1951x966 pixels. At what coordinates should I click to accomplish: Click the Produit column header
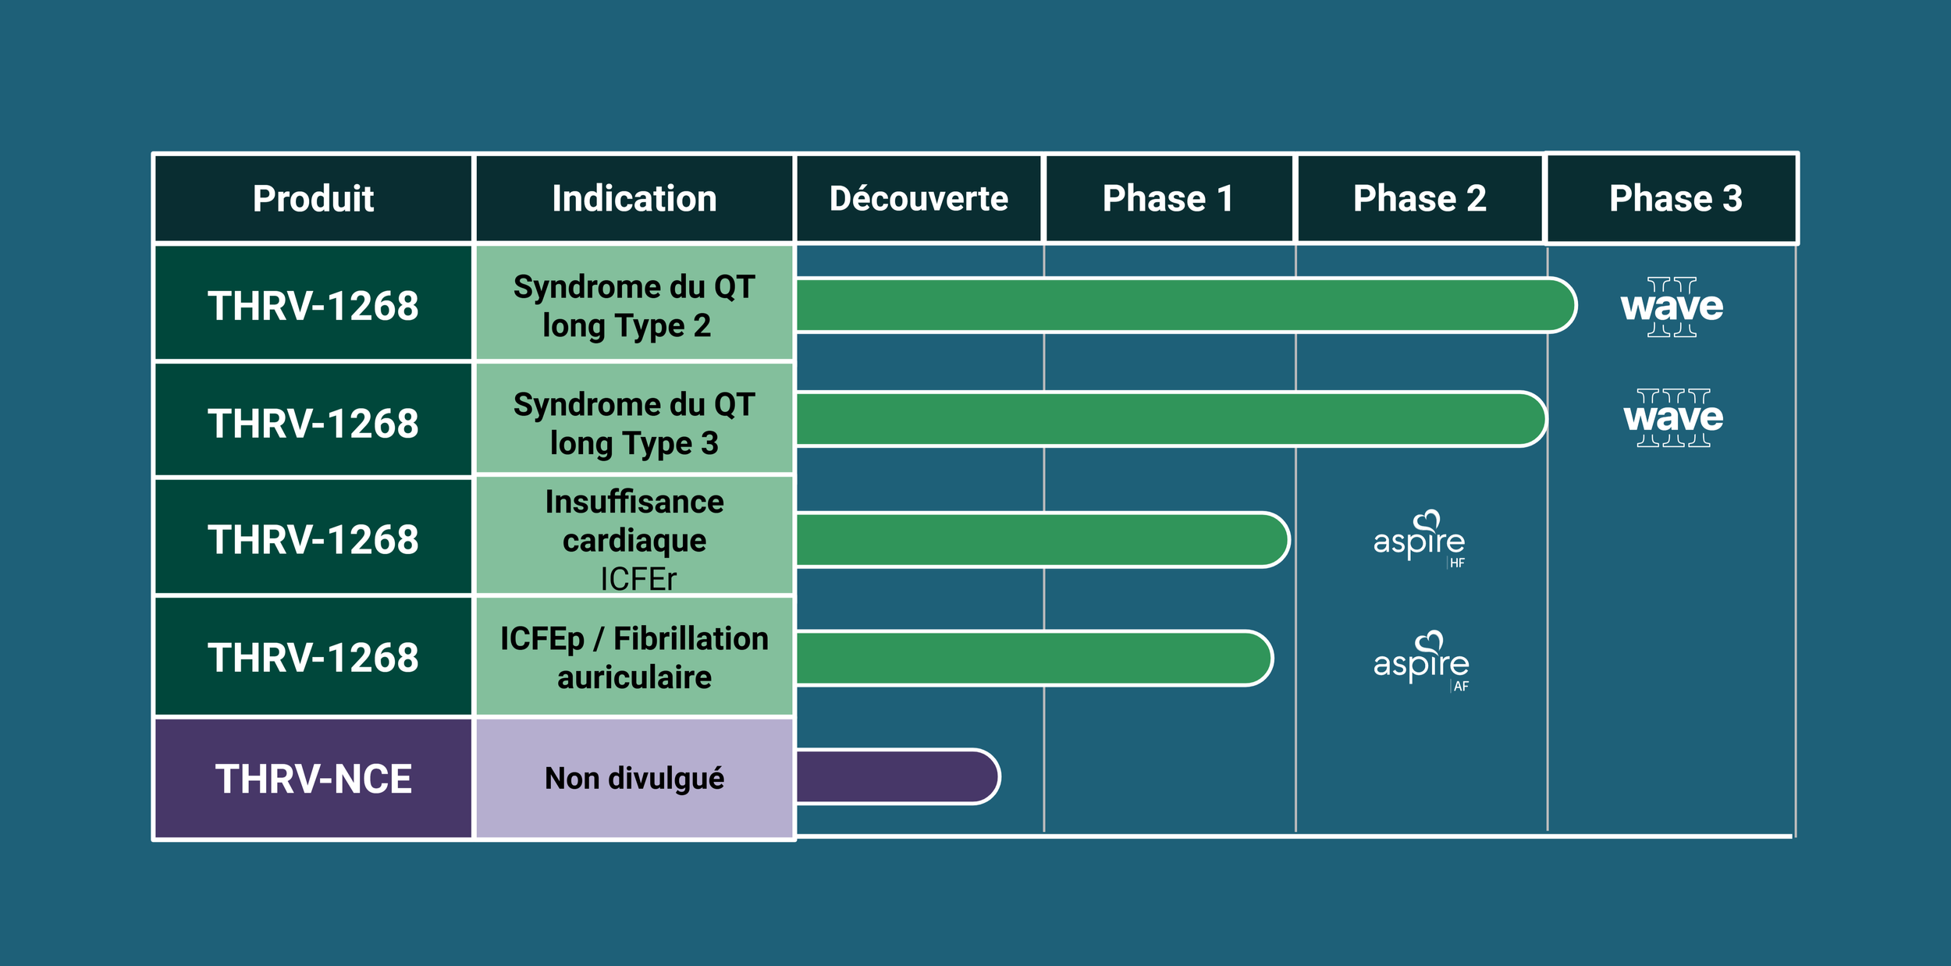(313, 198)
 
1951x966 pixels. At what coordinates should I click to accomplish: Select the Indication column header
(634, 198)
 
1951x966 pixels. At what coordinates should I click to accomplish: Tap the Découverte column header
(919, 198)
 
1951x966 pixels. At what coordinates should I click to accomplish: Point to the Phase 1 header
(1168, 198)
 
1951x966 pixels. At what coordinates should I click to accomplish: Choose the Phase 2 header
(1420, 198)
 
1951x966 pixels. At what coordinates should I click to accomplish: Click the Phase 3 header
(1676, 198)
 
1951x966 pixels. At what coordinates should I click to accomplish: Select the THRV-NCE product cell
(313, 778)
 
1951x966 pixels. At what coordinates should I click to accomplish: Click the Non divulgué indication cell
(634, 778)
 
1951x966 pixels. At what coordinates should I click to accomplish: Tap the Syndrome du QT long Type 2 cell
(634, 305)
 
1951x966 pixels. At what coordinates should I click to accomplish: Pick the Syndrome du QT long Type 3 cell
(634, 422)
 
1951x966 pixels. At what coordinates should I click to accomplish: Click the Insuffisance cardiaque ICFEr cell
(634, 538)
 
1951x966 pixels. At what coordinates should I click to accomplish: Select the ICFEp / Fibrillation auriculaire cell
(634, 657)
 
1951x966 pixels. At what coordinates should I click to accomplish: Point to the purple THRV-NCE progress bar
(896, 776)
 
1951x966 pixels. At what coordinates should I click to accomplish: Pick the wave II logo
(1672, 307)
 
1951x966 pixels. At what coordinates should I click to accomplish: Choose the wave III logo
(1673, 417)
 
